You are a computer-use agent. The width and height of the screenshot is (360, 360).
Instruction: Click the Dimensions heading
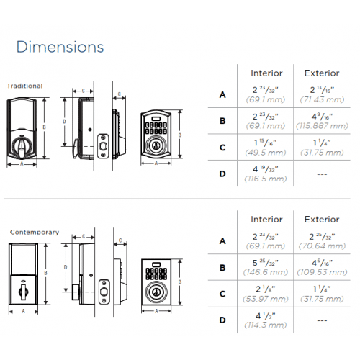(x=60, y=47)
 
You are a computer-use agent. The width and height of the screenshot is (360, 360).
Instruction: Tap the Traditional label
(x=24, y=86)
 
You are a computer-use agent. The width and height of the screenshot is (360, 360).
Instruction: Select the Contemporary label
(x=35, y=233)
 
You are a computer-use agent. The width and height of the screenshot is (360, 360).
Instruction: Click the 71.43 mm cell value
(x=322, y=99)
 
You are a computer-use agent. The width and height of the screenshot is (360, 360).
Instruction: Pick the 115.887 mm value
(x=322, y=126)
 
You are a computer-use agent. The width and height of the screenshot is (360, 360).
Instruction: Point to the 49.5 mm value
(x=266, y=153)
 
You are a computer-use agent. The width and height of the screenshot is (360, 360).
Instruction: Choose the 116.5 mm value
(x=266, y=179)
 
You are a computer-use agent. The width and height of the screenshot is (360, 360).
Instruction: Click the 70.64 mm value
(x=322, y=246)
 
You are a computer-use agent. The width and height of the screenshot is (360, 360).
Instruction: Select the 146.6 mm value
(x=266, y=272)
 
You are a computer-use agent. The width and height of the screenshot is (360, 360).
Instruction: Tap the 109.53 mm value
(x=322, y=272)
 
